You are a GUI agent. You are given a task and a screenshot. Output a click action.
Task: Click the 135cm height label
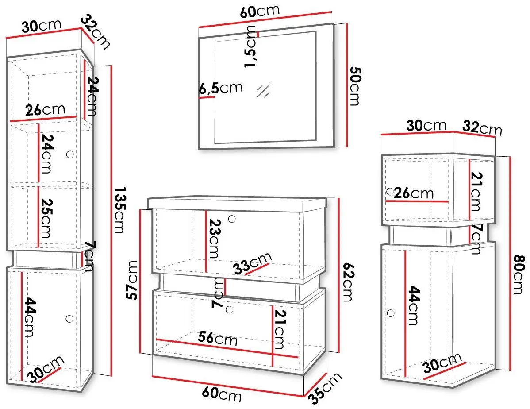(x=119, y=210)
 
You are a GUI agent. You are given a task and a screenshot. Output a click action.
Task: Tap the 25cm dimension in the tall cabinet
(x=46, y=218)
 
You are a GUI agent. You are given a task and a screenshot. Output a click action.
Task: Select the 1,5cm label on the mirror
(x=250, y=46)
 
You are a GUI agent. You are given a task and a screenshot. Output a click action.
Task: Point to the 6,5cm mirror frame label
(x=221, y=88)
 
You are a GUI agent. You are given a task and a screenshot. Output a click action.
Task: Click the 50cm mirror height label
(x=355, y=86)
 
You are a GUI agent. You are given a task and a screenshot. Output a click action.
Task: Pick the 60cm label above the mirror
(x=260, y=11)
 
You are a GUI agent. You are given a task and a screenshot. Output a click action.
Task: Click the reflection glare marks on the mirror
(x=263, y=91)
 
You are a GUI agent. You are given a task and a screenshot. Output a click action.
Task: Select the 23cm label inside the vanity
(x=214, y=239)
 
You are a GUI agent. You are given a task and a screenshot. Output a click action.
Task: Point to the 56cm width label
(x=218, y=338)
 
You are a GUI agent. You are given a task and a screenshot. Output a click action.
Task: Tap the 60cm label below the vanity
(x=222, y=394)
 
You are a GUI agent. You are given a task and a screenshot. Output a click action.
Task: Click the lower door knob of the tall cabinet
(x=69, y=319)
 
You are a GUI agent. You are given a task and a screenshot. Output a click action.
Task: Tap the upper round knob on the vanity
(x=232, y=219)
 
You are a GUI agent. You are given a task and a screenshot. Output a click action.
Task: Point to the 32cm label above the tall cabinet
(x=96, y=31)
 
